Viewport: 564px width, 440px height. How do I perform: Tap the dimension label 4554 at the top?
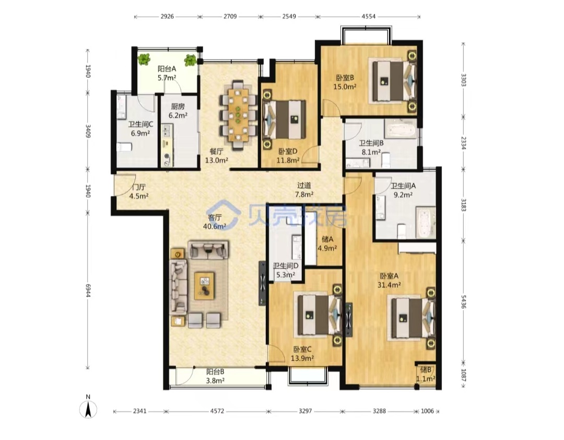[x=369, y=16]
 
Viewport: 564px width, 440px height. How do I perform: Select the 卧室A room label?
[x=389, y=276]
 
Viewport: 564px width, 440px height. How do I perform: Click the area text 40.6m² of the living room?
[x=215, y=226]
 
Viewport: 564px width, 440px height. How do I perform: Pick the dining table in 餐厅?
[x=238, y=115]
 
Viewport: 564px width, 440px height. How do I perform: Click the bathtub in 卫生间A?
[x=426, y=222]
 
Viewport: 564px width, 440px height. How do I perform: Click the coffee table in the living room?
[x=204, y=286]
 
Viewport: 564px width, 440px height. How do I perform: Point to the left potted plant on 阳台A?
[x=144, y=60]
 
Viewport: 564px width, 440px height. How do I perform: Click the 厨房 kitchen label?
[x=178, y=107]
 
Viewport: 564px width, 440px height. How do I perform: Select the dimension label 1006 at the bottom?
[x=427, y=411]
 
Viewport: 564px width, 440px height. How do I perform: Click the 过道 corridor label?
[x=304, y=186]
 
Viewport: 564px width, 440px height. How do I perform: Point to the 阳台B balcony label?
[x=216, y=372]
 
